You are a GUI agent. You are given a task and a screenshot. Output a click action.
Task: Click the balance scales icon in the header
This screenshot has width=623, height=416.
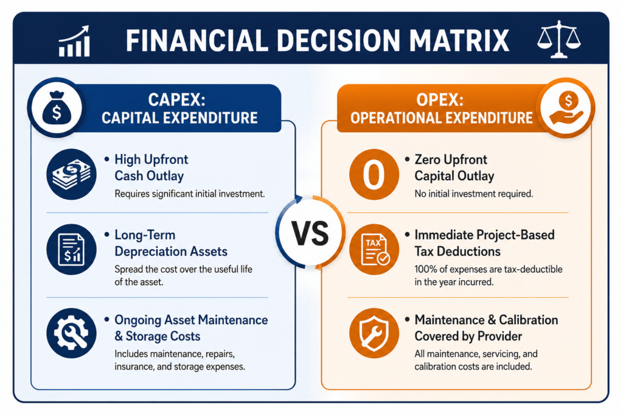[559, 39]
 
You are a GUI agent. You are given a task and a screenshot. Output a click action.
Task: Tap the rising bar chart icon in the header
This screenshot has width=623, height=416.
[74, 41]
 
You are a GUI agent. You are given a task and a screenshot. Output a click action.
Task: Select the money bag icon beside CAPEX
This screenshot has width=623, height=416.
[57, 107]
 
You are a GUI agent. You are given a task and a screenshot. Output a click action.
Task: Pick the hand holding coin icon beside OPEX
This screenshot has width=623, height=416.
[566, 107]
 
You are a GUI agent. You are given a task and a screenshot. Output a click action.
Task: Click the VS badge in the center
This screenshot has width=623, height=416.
[310, 233]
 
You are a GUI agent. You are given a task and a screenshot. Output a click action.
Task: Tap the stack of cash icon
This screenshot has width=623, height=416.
[72, 174]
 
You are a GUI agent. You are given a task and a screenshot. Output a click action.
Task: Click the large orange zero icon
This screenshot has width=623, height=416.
[374, 174]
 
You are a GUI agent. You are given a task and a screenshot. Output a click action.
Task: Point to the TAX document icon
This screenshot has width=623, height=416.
[374, 249]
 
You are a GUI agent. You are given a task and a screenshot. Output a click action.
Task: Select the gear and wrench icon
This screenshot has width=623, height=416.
[72, 333]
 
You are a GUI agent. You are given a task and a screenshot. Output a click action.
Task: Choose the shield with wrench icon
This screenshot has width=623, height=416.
[374, 333]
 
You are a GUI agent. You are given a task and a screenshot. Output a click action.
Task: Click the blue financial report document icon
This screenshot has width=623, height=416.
[72, 249]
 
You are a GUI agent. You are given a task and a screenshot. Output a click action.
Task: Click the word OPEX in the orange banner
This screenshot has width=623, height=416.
[440, 99]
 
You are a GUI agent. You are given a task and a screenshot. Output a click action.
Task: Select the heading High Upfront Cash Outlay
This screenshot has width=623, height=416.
[151, 167]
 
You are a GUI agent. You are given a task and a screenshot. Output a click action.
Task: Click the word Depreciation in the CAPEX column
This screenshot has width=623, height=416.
[151, 252]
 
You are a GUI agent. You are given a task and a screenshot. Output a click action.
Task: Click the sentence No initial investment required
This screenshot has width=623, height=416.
[473, 194]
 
